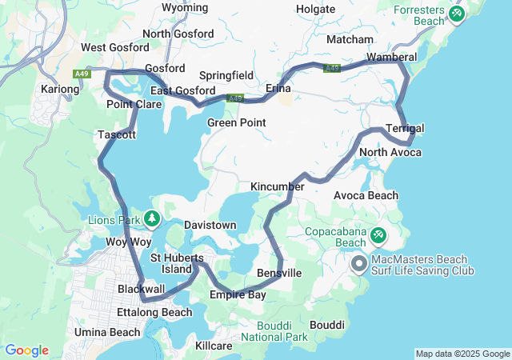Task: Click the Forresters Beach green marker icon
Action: tap(457, 14)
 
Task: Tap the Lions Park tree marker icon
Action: tap(151, 218)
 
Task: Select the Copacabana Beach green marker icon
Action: tap(378, 236)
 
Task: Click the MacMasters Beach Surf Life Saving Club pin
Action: tap(358, 262)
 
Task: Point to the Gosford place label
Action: tap(165, 69)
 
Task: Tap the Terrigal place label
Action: tap(405, 129)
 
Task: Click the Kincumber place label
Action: tap(278, 186)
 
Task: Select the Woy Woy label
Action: tap(129, 242)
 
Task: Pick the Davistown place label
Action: tap(210, 226)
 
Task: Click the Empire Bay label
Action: tap(238, 295)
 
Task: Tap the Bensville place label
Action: tap(279, 274)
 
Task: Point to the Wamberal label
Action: tap(391, 58)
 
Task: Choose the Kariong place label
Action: tap(60, 88)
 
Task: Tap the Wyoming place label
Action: tap(185, 8)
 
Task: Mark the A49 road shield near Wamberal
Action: tap(333, 69)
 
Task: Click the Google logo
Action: tap(26, 350)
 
